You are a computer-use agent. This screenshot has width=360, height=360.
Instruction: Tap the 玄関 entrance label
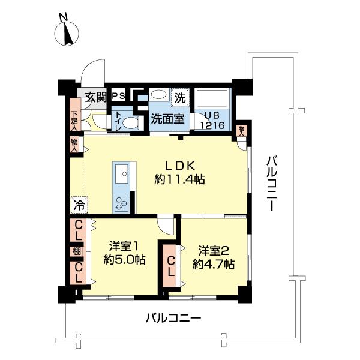(95, 97)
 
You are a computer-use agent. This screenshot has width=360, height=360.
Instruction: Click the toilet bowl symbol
(134, 122)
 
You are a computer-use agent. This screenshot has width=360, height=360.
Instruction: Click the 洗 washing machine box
(179, 95)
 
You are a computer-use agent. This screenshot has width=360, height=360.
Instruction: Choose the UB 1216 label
(212, 122)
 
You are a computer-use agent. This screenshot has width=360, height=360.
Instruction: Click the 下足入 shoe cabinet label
(74, 120)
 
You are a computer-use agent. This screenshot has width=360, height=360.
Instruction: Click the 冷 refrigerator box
(78, 205)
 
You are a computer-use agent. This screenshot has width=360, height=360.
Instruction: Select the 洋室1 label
(124, 246)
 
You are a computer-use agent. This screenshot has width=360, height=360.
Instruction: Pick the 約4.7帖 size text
(214, 263)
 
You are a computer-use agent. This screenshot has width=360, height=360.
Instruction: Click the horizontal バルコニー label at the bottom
(173, 318)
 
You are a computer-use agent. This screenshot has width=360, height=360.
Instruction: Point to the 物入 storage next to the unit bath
(241, 130)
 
